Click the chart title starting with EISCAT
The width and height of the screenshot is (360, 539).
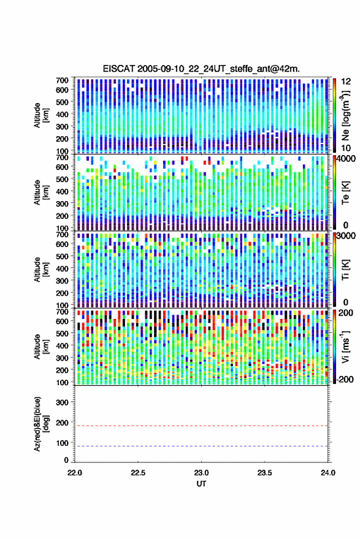coord(201,69)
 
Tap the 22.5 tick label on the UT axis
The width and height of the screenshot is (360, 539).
coord(138,473)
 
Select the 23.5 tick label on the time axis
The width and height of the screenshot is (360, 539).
coord(264,473)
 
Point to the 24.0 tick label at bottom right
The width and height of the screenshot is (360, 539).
coord(327,473)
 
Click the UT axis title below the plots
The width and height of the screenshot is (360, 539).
coord(201,484)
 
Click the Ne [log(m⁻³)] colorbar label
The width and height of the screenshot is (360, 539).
coord(345,115)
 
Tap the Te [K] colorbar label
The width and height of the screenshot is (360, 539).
coord(345,193)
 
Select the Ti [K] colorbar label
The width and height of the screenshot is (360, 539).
coord(345,270)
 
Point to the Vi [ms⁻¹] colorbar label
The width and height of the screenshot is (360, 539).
coord(345,346)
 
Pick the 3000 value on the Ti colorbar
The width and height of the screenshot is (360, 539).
coord(345,236)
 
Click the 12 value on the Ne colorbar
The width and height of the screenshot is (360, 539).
coord(346,82)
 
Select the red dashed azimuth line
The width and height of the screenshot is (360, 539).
coord(201,426)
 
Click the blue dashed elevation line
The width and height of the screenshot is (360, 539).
coord(201,446)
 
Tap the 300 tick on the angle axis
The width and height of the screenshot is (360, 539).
coord(62,402)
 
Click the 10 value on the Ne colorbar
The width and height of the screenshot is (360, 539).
coord(346,148)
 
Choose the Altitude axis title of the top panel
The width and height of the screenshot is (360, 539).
coord(41,115)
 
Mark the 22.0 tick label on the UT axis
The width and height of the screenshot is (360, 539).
coord(75,473)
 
